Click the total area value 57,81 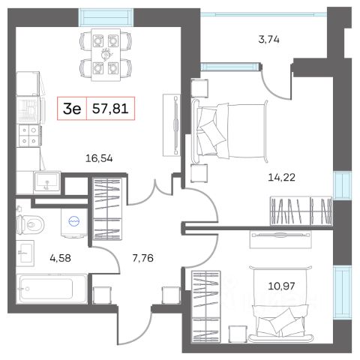point(110,109)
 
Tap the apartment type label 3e point(72,109)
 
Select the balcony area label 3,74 point(268,40)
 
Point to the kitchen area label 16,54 point(99,158)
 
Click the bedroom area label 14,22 point(281,178)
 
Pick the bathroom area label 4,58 point(60,258)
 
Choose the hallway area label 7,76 point(142,258)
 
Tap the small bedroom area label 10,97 point(281,286)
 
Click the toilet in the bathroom point(30,224)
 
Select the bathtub point(52,289)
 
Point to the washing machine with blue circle point(74,221)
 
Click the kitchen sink point(47,181)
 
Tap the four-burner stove point(29,135)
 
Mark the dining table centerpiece point(106,54)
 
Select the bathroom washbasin point(25,253)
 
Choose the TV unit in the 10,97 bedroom point(280,239)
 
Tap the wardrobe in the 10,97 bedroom point(205,306)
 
